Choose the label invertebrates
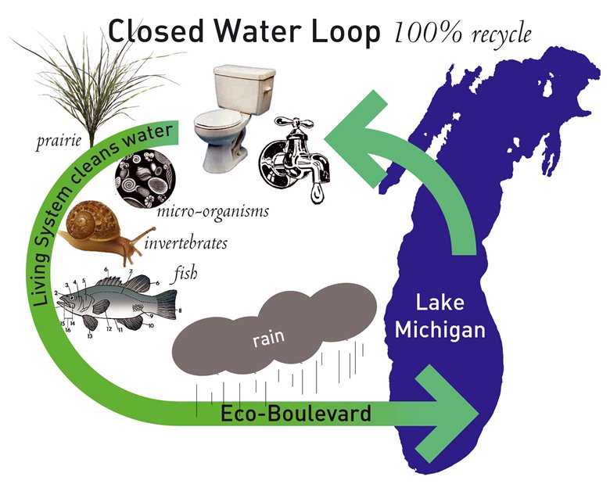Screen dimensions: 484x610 click(x=186, y=244)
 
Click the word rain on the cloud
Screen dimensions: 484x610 click(x=267, y=339)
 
